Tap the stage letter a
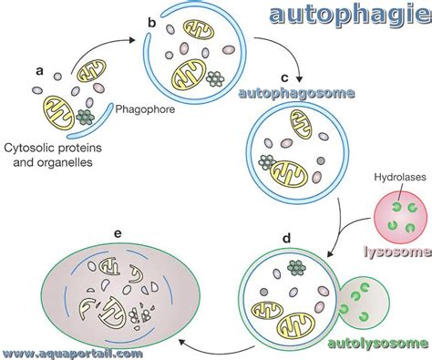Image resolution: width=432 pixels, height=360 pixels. tap(38, 69)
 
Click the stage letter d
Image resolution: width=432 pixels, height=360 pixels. tap(285, 240)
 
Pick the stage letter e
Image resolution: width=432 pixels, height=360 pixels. tap(118, 233)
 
